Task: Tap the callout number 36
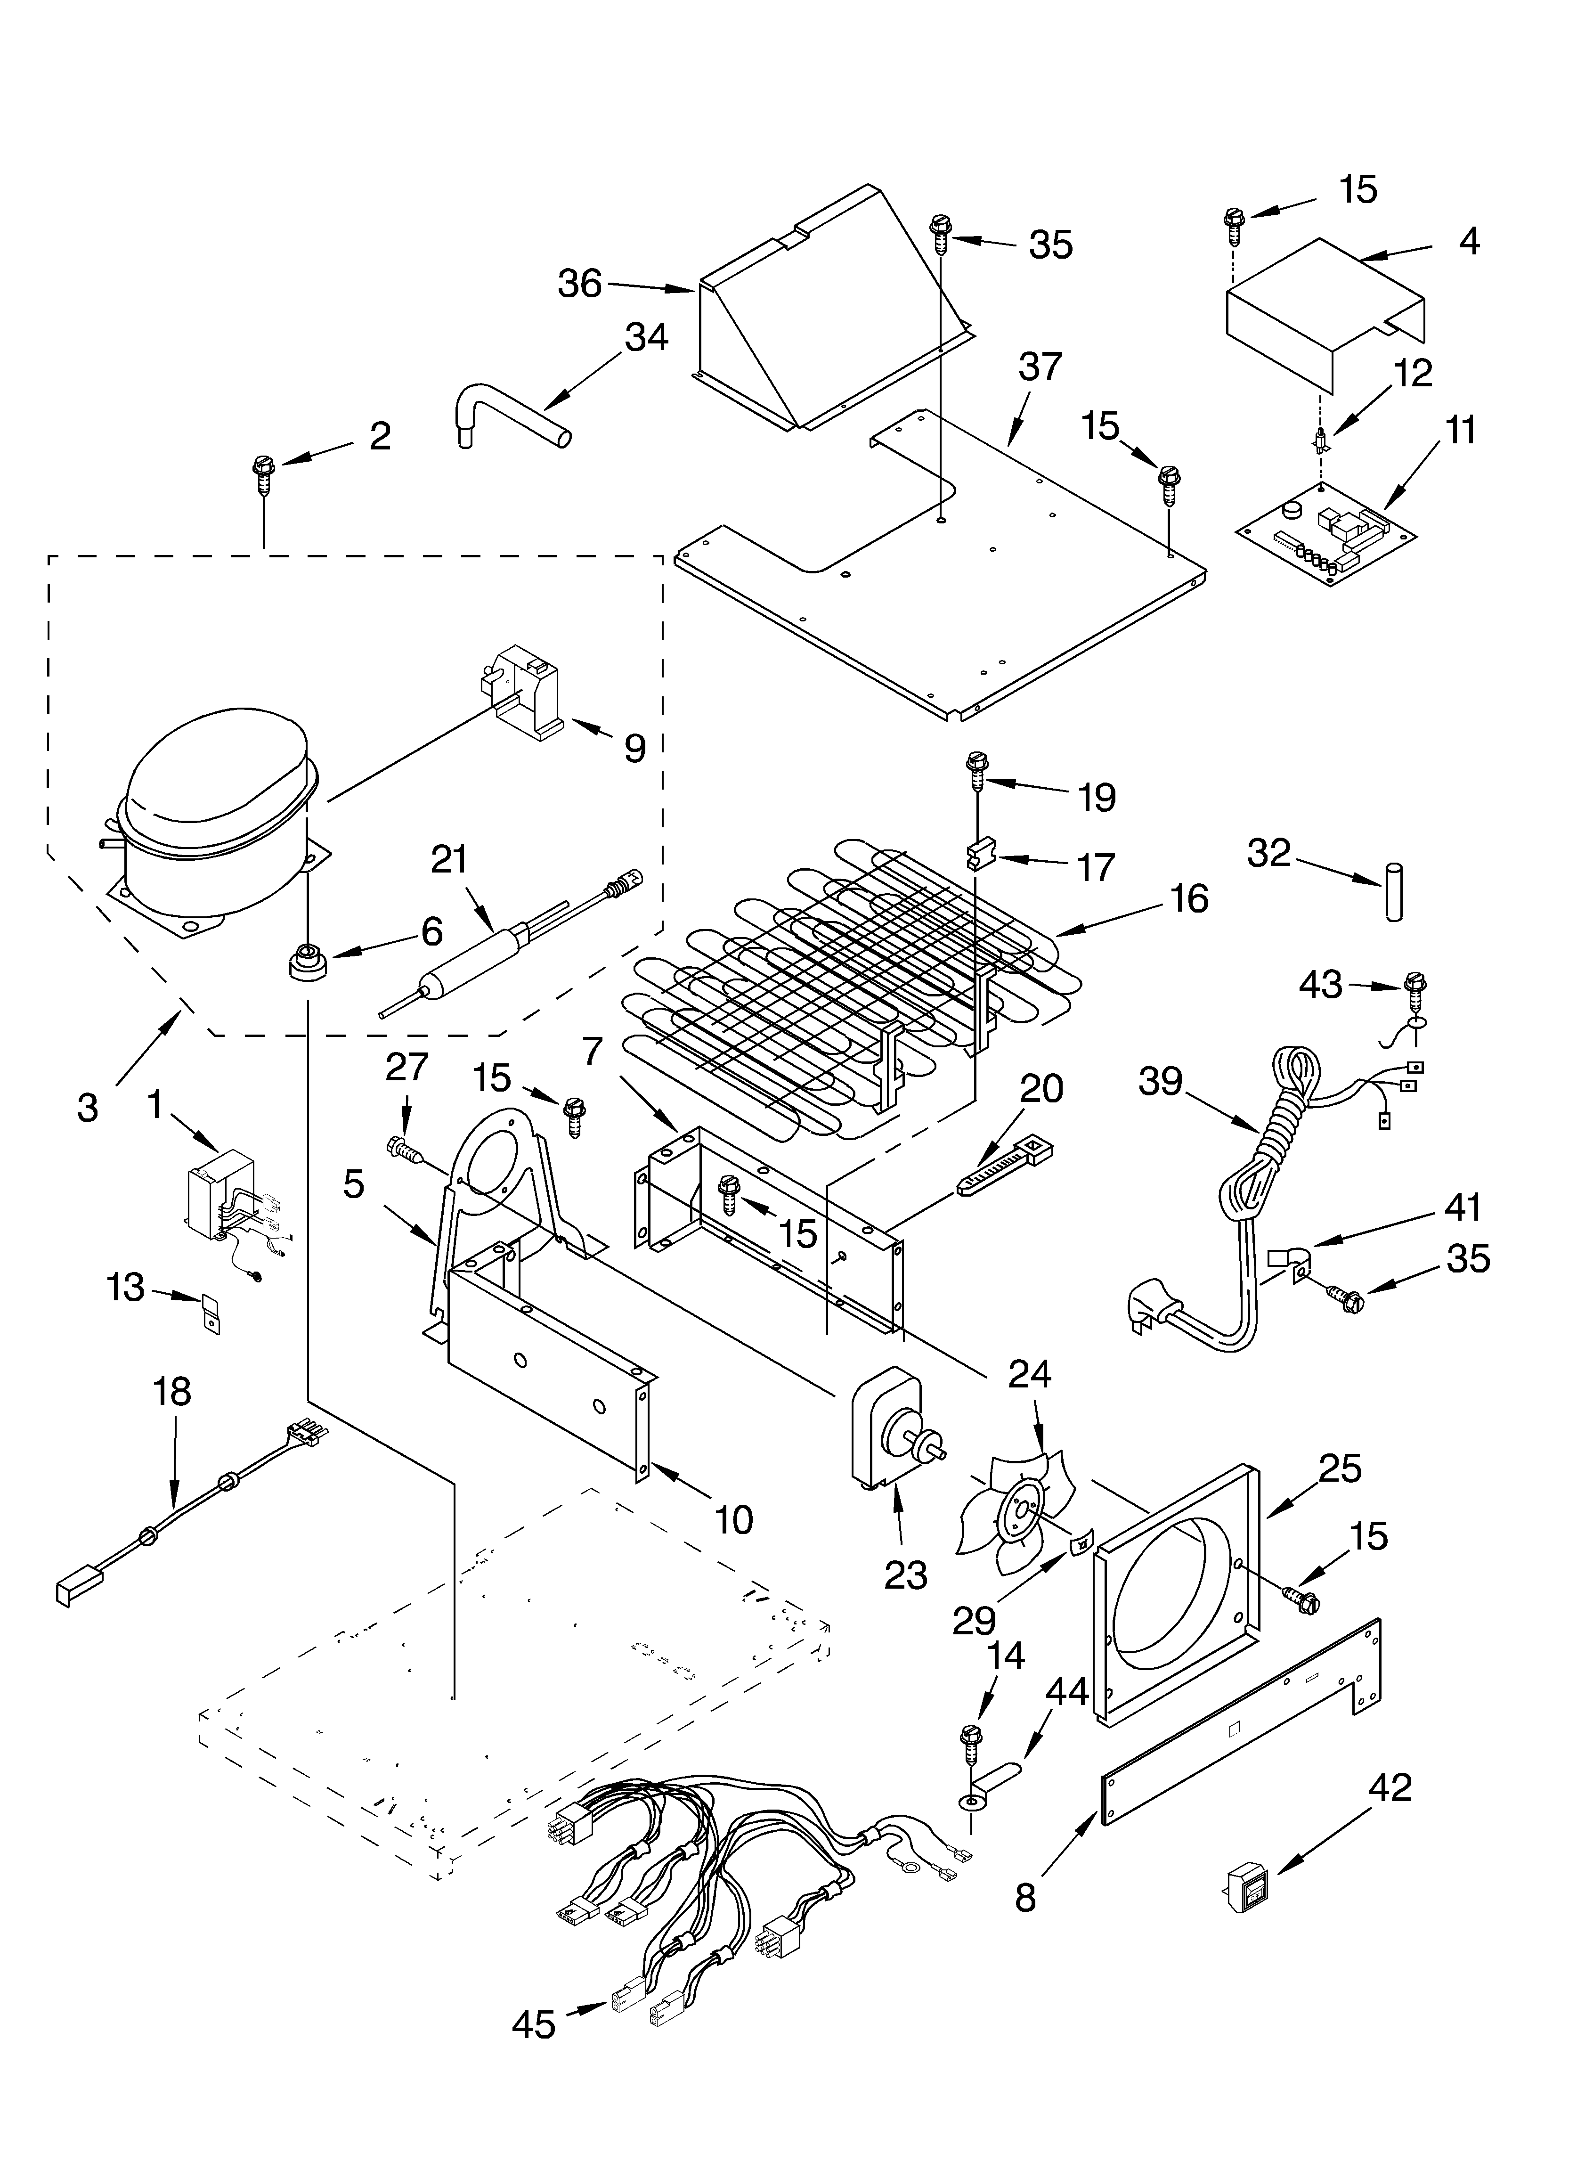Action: click(580, 284)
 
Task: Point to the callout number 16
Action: click(1189, 899)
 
